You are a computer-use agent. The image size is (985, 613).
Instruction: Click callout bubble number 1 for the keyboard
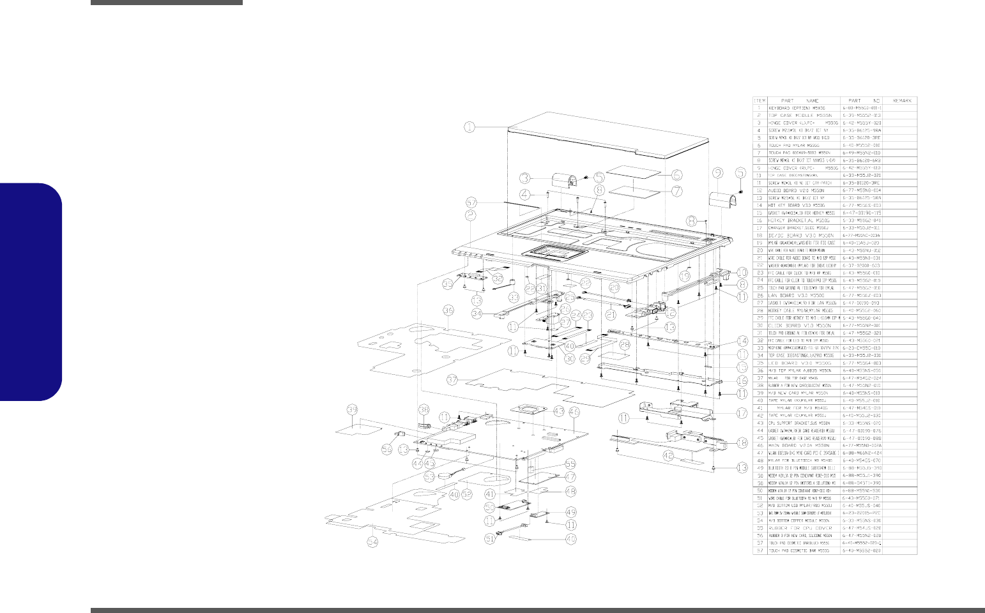(x=470, y=126)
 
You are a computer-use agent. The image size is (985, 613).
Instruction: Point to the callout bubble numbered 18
(x=741, y=443)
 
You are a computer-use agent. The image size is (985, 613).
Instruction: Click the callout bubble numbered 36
(x=448, y=310)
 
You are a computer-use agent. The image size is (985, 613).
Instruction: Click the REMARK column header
(x=900, y=100)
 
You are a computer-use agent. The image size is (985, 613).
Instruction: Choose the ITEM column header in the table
(x=760, y=100)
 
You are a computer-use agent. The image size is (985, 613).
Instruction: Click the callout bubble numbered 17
(x=742, y=413)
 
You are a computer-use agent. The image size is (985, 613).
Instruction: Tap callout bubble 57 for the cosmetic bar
(x=471, y=201)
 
